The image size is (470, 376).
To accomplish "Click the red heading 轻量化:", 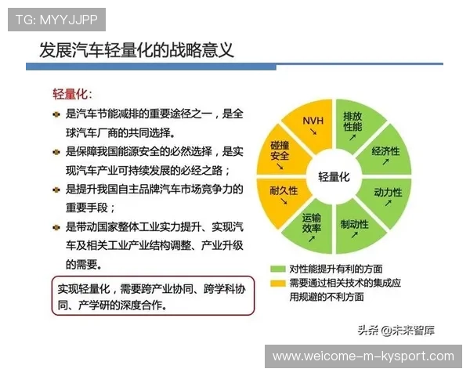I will [x=72, y=94].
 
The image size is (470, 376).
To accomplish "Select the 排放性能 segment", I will [x=352, y=123].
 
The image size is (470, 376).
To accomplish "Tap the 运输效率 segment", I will [x=312, y=226].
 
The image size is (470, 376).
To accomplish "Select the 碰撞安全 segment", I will [x=280, y=152].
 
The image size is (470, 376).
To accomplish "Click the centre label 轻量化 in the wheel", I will [x=334, y=177].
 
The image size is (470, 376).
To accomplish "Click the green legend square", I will [x=276, y=267].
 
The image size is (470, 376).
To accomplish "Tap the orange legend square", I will [x=276, y=282].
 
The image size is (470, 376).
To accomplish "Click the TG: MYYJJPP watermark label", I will [x=56, y=20].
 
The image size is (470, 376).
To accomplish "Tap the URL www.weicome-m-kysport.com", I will [x=363, y=356].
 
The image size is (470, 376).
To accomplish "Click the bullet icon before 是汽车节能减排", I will [x=56, y=114].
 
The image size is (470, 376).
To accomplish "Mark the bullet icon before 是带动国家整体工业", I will [x=56, y=227].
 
